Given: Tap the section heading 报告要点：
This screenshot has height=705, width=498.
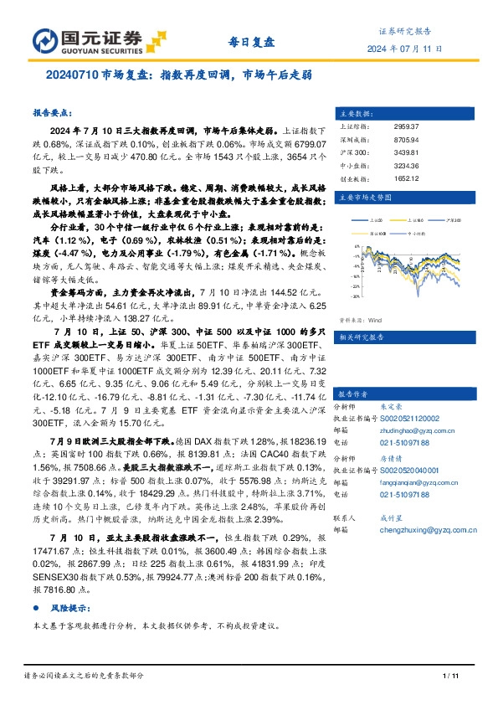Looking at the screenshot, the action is (51, 111).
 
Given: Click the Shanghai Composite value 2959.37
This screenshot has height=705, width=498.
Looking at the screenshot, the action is (405, 126).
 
